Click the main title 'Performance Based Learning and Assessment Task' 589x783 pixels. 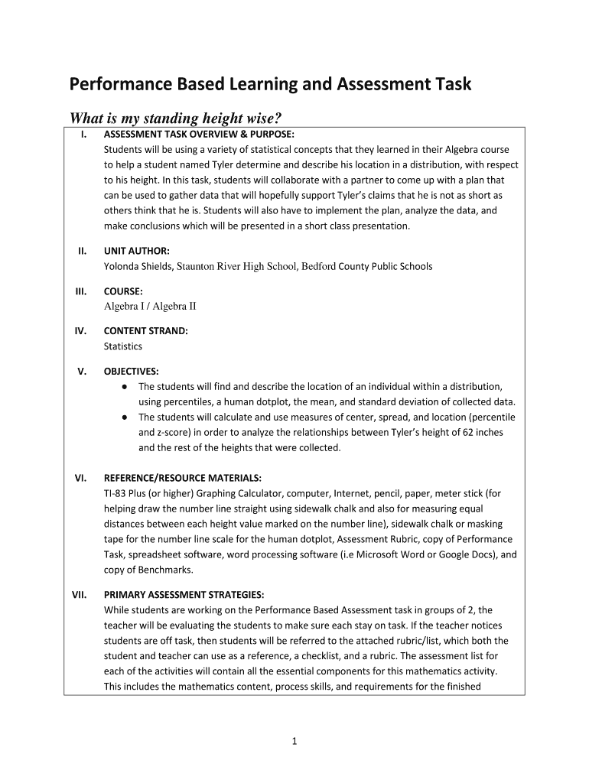point(271,84)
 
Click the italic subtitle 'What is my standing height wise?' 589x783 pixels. point(176,119)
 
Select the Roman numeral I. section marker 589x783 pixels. point(82,135)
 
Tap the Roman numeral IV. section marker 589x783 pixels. point(80,331)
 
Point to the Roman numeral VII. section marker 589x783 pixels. point(80,594)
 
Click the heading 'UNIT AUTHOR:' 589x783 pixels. point(137,251)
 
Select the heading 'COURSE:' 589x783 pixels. point(123,291)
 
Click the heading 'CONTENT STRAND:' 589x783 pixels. point(145,331)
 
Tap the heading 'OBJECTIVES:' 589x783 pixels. point(132,372)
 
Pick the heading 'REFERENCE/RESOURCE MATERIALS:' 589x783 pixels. point(182,479)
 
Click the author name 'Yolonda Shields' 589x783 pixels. point(138,267)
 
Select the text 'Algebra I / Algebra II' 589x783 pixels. point(150,307)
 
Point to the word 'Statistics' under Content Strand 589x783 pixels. point(123,346)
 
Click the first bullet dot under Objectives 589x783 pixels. point(124,387)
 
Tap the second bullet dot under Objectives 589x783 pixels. point(124,417)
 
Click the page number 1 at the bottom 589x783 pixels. point(294,741)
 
